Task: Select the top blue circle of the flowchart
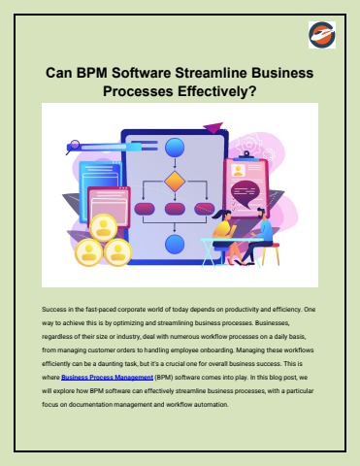point(175,148)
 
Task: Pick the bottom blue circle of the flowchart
point(175,244)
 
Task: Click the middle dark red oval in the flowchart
point(175,208)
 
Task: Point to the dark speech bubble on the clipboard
point(250,188)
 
